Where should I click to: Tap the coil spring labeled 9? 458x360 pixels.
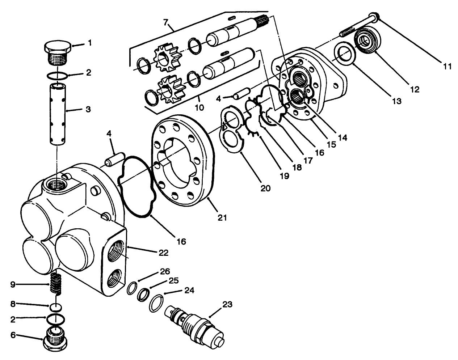coord(55,284)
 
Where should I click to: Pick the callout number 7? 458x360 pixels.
coord(166,22)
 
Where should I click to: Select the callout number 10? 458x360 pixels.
coord(199,107)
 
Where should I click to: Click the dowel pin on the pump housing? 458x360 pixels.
coord(113,160)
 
